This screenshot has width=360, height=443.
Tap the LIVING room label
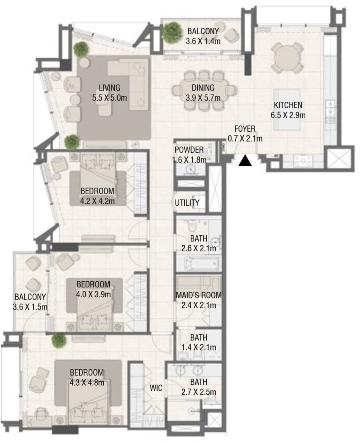pyautogui.click(x=109, y=88)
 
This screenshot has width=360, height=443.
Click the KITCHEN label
pyautogui.click(x=288, y=105)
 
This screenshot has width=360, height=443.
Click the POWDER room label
pyautogui.click(x=189, y=150)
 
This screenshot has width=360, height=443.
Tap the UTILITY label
pyautogui.click(x=187, y=203)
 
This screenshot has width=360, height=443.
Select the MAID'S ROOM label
pyautogui.click(x=198, y=295)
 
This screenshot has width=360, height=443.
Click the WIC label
pyautogui.click(x=156, y=388)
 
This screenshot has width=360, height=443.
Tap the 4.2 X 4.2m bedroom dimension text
pyautogui.click(x=97, y=201)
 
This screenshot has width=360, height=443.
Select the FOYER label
pyautogui.click(x=245, y=128)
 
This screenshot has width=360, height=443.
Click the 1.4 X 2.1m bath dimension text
pyautogui.click(x=198, y=347)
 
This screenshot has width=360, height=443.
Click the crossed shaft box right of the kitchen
pyautogui.click(x=339, y=158)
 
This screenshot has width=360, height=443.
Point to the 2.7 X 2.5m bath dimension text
pyautogui.click(x=198, y=391)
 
